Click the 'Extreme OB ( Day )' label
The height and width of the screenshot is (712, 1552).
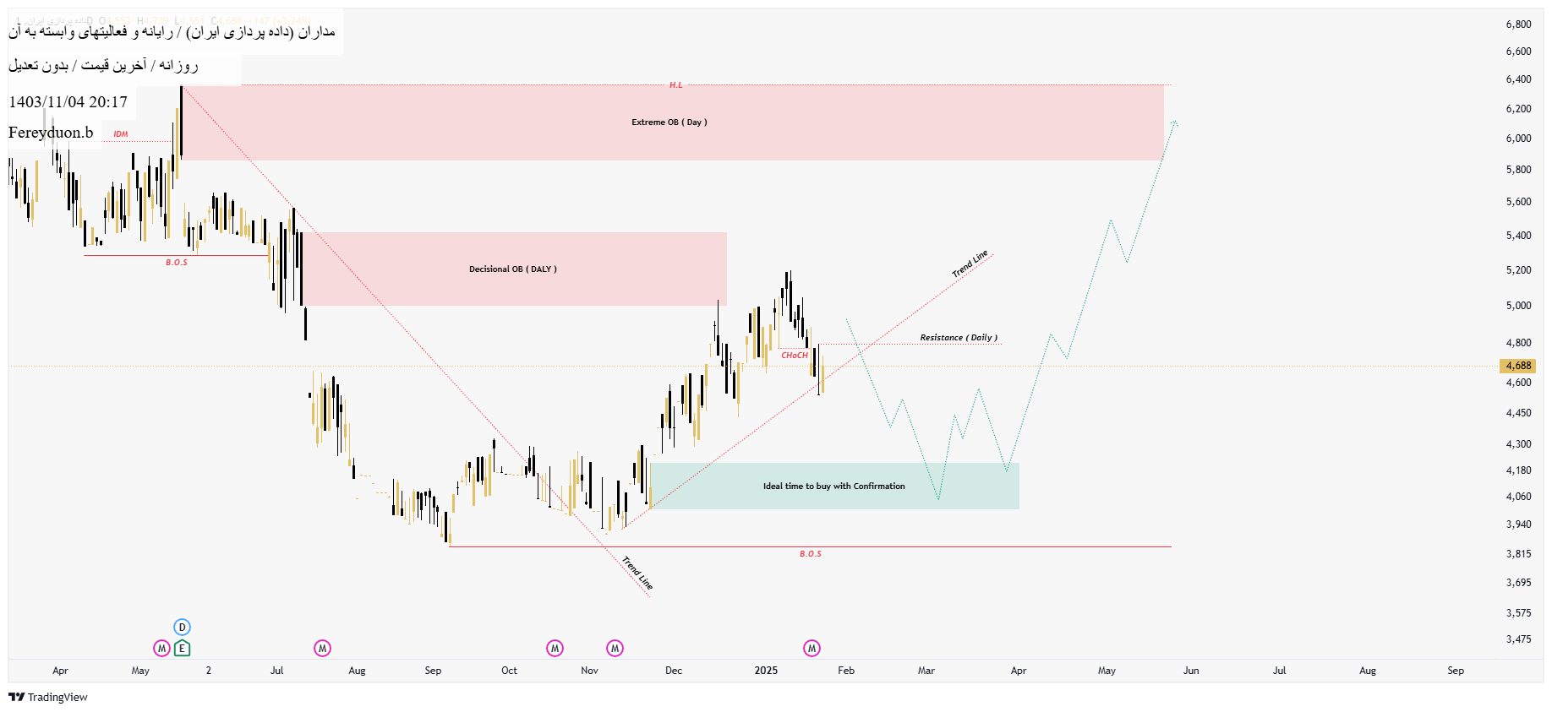point(669,122)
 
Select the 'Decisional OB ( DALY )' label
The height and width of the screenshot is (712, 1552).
point(512,269)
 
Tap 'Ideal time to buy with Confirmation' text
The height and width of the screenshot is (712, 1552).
point(833,486)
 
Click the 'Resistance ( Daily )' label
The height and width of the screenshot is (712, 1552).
point(958,338)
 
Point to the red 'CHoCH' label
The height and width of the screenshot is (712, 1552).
point(794,356)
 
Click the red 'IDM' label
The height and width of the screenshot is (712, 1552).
point(121,134)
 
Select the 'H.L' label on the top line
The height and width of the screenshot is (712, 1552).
point(675,85)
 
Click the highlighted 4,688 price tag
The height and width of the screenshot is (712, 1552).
point(1517,366)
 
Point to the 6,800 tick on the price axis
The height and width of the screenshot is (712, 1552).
point(1518,24)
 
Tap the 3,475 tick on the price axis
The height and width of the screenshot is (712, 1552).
point(1518,639)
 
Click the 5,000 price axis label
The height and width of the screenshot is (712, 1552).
point(1518,306)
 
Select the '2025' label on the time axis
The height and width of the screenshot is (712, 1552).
point(766,671)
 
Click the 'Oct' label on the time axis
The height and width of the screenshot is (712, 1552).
point(509,671)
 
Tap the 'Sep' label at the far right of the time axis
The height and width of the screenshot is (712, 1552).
point(1455,671)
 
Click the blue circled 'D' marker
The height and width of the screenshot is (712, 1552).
point(182,628)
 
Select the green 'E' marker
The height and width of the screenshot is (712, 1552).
point(182,649)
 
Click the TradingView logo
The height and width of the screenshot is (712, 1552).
point(48,697)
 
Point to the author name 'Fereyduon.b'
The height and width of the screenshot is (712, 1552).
point(51,133)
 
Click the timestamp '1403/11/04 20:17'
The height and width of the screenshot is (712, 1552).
point(68,102)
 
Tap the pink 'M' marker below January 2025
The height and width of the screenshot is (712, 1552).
point(812,649)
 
